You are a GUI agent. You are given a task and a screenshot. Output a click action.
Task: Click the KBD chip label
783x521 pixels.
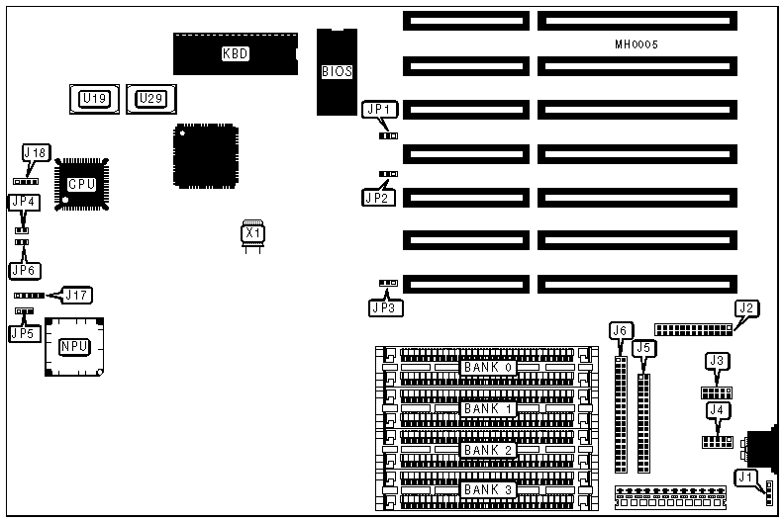235,53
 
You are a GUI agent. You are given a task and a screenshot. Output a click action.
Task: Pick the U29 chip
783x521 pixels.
150,98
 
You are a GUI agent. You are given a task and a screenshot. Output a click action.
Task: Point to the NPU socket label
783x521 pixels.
73,345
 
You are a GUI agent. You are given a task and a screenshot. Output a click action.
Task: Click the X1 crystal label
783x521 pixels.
252,233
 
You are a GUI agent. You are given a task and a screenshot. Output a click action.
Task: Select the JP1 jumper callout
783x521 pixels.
379,110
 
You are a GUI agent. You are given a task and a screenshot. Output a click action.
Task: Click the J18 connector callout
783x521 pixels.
36,153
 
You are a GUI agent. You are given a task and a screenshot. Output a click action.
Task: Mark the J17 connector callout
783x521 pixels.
76,295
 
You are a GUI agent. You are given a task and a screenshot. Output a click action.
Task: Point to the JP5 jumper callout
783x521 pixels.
22,333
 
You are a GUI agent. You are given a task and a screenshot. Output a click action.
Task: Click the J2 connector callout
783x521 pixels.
746,308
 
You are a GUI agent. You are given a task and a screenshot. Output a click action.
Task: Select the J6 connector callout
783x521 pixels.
621,329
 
